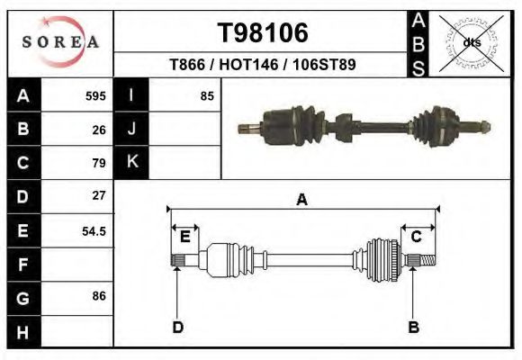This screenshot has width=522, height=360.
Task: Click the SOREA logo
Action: tap(60, 42)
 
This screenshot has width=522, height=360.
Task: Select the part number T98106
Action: tap(264, 33)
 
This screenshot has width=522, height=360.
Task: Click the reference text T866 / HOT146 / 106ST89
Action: tap(263, 65)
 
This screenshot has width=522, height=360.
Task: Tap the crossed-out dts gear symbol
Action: tap(469, 42)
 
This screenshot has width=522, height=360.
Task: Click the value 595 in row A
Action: tap(95, 96)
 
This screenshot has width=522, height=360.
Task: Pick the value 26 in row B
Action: tap(99, 130)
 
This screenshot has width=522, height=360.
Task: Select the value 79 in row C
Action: tap(99, 163)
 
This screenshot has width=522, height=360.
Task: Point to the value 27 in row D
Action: tap(99, 195)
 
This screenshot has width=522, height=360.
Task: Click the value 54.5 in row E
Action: tap(94, 231)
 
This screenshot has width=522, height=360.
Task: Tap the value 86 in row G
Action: tap(99, 295)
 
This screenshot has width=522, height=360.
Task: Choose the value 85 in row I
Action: tap(206, 96)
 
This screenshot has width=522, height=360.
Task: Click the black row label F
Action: tap(23, 265)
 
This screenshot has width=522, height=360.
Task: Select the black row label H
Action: tap(23, 331)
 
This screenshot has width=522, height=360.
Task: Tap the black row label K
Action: tap(131, 162)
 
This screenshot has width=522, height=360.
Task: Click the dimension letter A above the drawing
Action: tap(302, 200)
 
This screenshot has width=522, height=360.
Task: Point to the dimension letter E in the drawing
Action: tap(184, 237)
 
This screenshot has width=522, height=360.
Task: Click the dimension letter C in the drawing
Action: tap(416, 237)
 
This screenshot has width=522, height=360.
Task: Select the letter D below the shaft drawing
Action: tap(178, 327)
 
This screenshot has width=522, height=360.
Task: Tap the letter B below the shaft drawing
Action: tap(414, 327)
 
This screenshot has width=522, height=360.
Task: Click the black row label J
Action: tap(131, 130)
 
